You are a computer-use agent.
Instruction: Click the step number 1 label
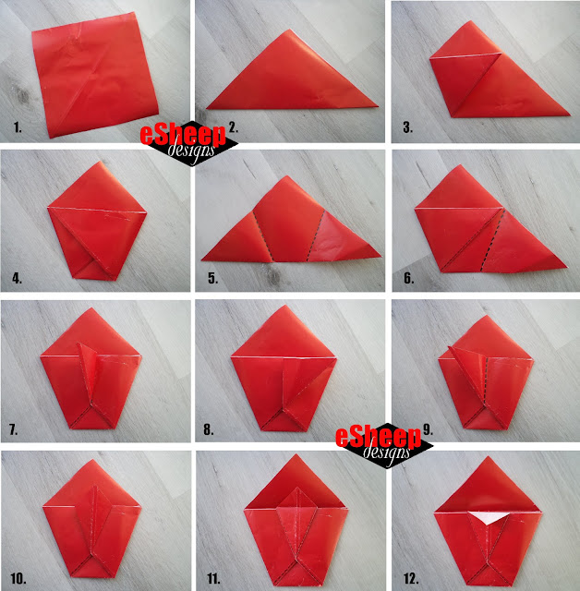[x=18, y=127]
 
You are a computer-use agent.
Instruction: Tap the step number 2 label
[x=234, y=127]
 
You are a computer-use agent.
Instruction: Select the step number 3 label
[x=407, y=127]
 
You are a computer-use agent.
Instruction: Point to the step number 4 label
[x=17, y=278]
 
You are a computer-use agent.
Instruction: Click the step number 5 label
[x=213, y=278]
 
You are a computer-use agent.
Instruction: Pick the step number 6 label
[x=408, y=278]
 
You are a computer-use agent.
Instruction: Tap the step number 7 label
[x=13, y=429]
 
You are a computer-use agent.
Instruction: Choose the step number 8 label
[x=209, y=429]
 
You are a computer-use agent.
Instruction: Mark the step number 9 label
[x=428, y=429]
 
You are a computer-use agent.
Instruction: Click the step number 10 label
[x=18, y=579]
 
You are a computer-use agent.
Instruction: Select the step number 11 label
[x=213, y=579]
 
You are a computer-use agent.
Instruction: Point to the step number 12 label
[x=411, y=579]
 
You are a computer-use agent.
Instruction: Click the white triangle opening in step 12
[x=489, y=517]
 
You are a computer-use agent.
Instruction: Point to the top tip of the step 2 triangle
[x=289, y=30]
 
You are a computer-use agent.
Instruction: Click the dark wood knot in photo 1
[x=22, y=95]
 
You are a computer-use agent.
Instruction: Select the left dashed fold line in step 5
[x=262, y=236]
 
